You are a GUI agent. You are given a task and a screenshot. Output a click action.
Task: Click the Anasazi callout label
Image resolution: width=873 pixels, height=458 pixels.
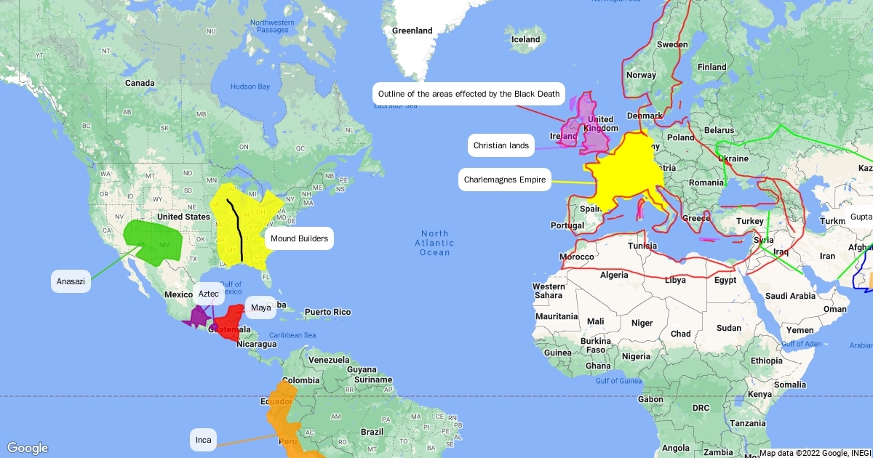pyautogui.click(x=71, y=281)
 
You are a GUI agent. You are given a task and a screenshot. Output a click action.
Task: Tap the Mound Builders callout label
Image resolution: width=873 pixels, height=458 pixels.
pyautogui.click(x=298, y=238)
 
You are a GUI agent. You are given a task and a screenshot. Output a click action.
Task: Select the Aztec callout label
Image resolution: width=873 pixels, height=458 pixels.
pyautogui.click(x=208, y=294)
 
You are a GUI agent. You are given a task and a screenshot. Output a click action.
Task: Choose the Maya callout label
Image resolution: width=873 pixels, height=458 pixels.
pyautogui.click(x=260, y=308)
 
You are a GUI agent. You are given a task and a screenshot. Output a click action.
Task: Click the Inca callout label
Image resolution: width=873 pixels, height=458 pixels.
pyautogui.click(x=204, y=440)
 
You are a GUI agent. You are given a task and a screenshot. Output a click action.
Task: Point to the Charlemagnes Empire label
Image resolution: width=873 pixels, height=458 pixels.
pyautogui.click(x=504, y=179)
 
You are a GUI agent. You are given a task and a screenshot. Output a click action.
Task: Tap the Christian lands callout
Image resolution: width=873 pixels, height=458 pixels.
pyautogui.click(x=501, y=145)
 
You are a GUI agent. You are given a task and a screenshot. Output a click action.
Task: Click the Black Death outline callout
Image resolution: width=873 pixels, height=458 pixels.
pyautogui.click(x=469, y=94)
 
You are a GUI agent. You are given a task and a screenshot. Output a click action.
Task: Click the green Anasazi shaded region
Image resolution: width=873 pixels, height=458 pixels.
pyautogui.click(x=153, y=240)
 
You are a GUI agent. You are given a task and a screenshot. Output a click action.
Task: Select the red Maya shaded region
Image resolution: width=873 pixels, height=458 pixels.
pyautogui.click(x=231, y=322)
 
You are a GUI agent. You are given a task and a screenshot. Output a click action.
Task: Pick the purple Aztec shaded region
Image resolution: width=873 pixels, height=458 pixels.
pyautogui.click(x=197, y=317)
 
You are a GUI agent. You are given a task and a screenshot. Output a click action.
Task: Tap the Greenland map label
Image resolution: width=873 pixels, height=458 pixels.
pyautogui.click(x=412, y=31)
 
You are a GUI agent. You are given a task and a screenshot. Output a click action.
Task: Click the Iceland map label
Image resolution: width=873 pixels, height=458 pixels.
pyautogui.click(x=525, y=39)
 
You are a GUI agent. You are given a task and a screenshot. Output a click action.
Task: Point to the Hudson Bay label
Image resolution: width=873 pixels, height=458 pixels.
pyautogui.click(x=250, y=87)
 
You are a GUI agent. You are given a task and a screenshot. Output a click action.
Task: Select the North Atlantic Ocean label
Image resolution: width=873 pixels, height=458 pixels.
pyautogui.click(x=435, y=243)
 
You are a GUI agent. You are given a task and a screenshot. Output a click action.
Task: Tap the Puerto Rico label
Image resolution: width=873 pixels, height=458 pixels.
pyautogui.click(x=327, y=312)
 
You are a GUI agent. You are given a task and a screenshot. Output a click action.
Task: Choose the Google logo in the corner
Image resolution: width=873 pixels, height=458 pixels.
pyautogui.click(x=28, y=448)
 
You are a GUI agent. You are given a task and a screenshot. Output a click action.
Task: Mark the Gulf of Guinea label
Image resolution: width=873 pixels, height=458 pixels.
pyautogui.click(x=618, y=381)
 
